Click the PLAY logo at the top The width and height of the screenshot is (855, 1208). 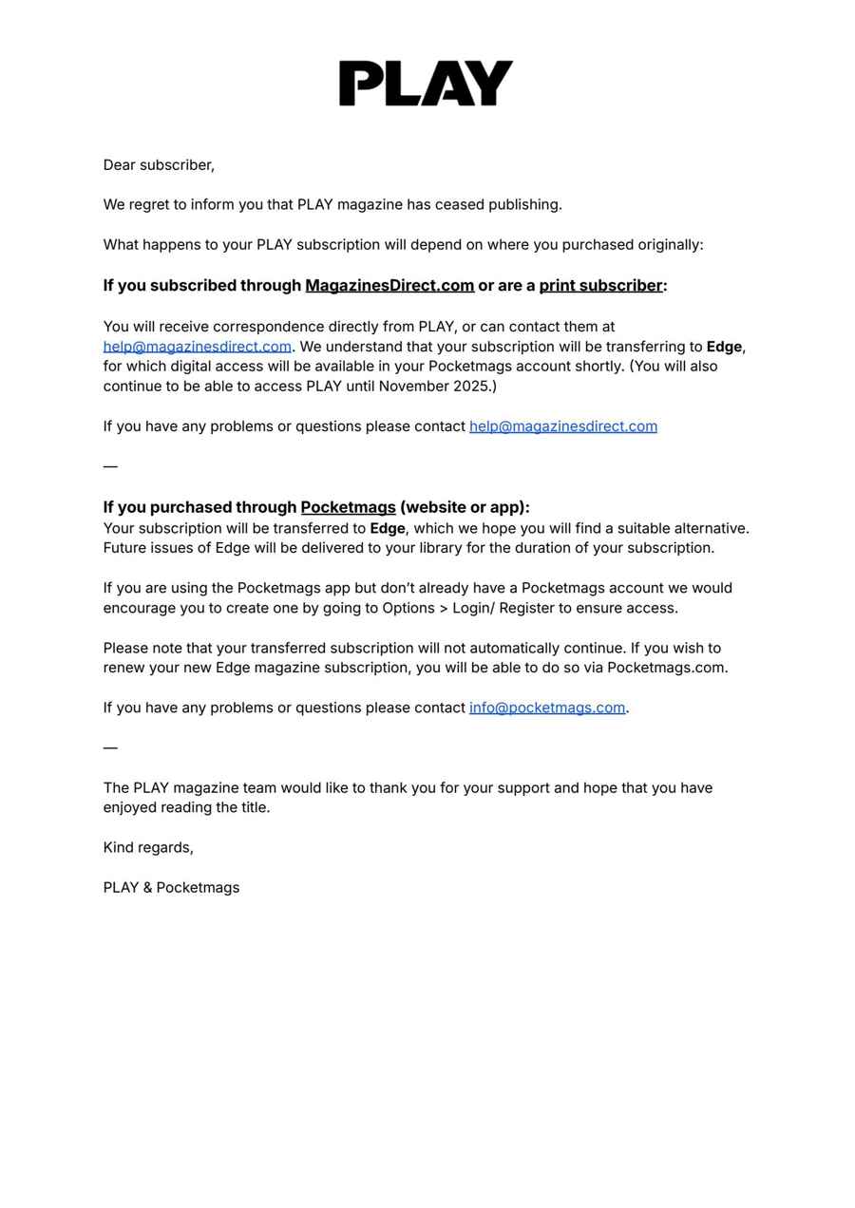tap(426, 84)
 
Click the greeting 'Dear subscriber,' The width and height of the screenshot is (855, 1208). tap(159, 165)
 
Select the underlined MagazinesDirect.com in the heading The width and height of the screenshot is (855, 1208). tap(389, 286)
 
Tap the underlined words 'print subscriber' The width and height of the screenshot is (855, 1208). tap(600, 286)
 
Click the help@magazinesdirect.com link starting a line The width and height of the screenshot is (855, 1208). tap(197, 347)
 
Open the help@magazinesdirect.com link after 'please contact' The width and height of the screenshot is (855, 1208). tap(562, 426)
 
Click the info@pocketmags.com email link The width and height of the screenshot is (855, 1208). tap(546, 708)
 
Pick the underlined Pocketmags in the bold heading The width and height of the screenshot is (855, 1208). tap(348, 507)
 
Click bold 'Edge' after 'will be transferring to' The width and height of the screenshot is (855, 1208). tap(724, 347)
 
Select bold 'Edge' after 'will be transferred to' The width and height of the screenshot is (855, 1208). tap(388, 528)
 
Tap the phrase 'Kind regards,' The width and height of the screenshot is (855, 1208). tap(148, 847)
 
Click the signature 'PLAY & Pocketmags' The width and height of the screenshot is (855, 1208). tap(171, 888)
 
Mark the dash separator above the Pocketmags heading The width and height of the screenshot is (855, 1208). tap(110, 466)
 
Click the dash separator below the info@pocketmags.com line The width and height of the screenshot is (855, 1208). tap(110, 747)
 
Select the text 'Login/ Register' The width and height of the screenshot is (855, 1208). tap(511, 608)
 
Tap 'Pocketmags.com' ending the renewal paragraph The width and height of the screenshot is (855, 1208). tap(666, 668)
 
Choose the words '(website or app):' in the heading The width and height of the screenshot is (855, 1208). tap(465, 507)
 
